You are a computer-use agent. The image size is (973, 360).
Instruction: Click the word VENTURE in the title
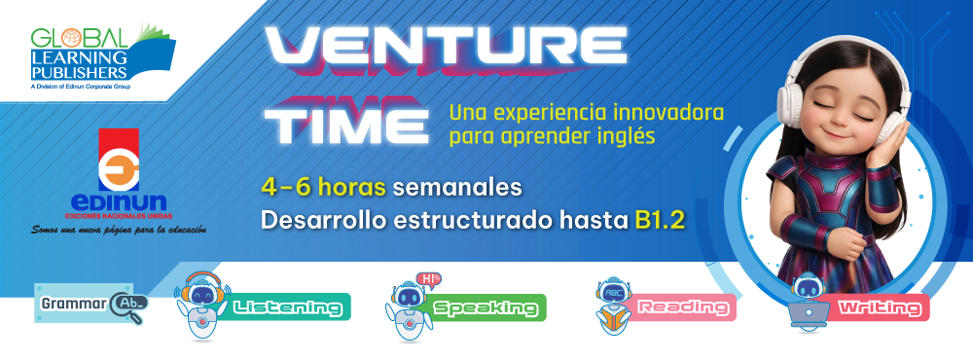click(x=446, y=46)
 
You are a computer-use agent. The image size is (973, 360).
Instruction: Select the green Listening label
click(x=288, y=307)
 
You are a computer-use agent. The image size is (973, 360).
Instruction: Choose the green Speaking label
click(x=486, y=307)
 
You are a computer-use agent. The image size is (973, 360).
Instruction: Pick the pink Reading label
click(x=683, y=307)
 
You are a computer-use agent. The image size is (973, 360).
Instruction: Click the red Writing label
click(x=880, y=307)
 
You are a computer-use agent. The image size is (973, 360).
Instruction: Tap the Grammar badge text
click(x=74, y=305)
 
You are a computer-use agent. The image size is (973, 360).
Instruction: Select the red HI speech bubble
click(x=427, y=280)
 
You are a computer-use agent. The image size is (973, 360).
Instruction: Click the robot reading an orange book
click(x=613, y=305)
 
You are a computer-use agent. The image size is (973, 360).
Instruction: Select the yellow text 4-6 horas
click(x=324, y=188)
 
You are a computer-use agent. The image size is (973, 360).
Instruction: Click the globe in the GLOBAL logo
click(x=71, y=39)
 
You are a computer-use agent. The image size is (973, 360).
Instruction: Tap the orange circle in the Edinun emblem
click(x=119, y=172)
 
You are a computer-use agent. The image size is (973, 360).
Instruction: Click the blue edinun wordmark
click(x=119, y=202)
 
